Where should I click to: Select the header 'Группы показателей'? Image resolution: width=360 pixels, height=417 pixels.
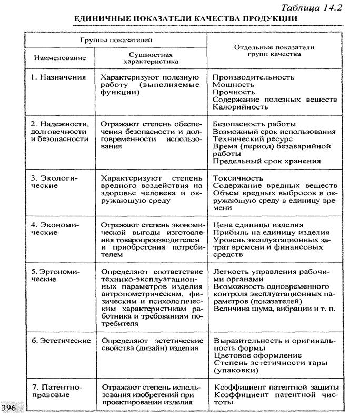click(116, 39)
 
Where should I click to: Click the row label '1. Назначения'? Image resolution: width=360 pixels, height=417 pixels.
click(58, 77)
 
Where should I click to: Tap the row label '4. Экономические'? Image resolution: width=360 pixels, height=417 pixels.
click(55, 228)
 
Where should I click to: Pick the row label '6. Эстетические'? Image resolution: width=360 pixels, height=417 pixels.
click(61, 341)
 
